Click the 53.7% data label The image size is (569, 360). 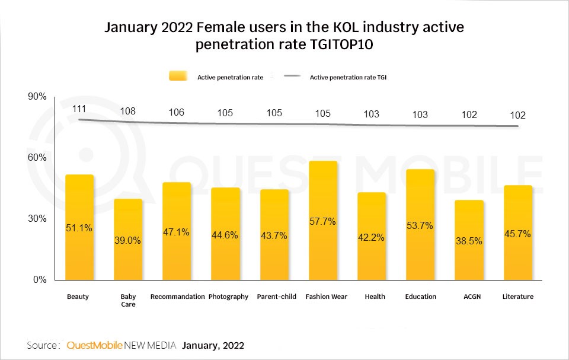click(x=420, y=225)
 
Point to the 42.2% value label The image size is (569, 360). click(x=372, y=237)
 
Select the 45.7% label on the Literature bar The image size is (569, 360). click(x=518, y=234)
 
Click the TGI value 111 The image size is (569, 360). click(x=79, y=109)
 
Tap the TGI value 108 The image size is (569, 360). click(x=128, y=111)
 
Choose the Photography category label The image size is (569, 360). click(x=228, y=297)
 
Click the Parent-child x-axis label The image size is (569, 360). click(x=276, y=297)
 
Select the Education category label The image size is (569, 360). click(x=420, y=297)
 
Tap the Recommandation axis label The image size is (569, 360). click(x=177, y=297)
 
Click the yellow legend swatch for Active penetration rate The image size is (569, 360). click(x=178, y=77)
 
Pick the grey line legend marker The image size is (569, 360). click(x=293, y=77)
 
